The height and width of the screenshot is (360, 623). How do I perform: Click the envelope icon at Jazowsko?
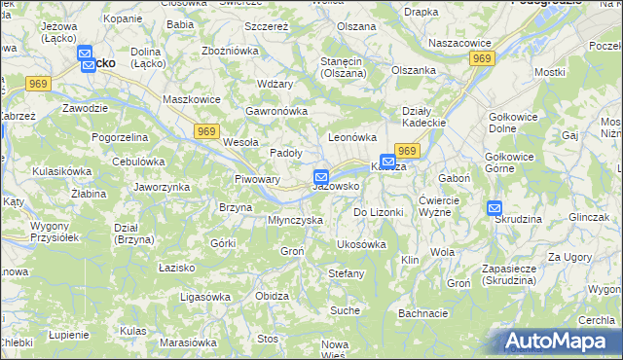[320, 176]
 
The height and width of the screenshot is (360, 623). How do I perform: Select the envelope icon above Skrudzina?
[495, 207]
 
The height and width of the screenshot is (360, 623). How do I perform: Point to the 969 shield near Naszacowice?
[481, 59]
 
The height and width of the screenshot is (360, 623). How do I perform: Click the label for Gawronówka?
[277, 111]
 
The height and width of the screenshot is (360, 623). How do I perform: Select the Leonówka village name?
[351, 138]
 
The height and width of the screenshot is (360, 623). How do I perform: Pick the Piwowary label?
[258, 179]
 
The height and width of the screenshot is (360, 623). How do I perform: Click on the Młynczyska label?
[295, 221]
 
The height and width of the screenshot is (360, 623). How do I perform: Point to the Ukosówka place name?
[361, 244]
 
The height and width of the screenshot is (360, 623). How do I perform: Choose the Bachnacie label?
[422, 313]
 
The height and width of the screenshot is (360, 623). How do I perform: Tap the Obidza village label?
[272, 296]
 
